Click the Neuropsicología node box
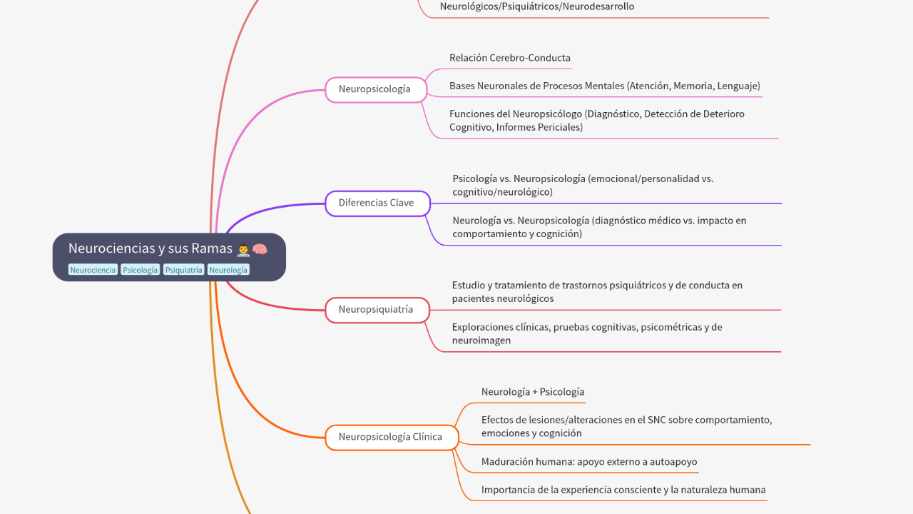click(x=375, y=90)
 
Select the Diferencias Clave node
click(x=377, y=203)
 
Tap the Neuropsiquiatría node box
click(x=377, y=310)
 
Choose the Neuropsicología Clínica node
click(x=391, y=437)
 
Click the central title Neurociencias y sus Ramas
click(x=151, y=248)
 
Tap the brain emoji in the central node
click(x=260, y=248)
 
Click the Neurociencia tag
click(x=93, y=270)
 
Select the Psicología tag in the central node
click(x=141, y=270)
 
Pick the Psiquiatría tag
click(x=184, y=270)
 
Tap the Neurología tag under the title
click(x=229, y=270)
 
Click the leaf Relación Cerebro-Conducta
click(x=509, y=58)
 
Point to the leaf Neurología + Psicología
click(x=532, y=392)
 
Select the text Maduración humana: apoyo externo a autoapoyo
click(x=588, y=462)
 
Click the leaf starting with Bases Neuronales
click(x=604, y=86)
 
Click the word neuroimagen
click(x=481, y=341)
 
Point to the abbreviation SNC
click(x=657, y=420)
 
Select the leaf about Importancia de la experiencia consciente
click(x=623, y=490)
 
